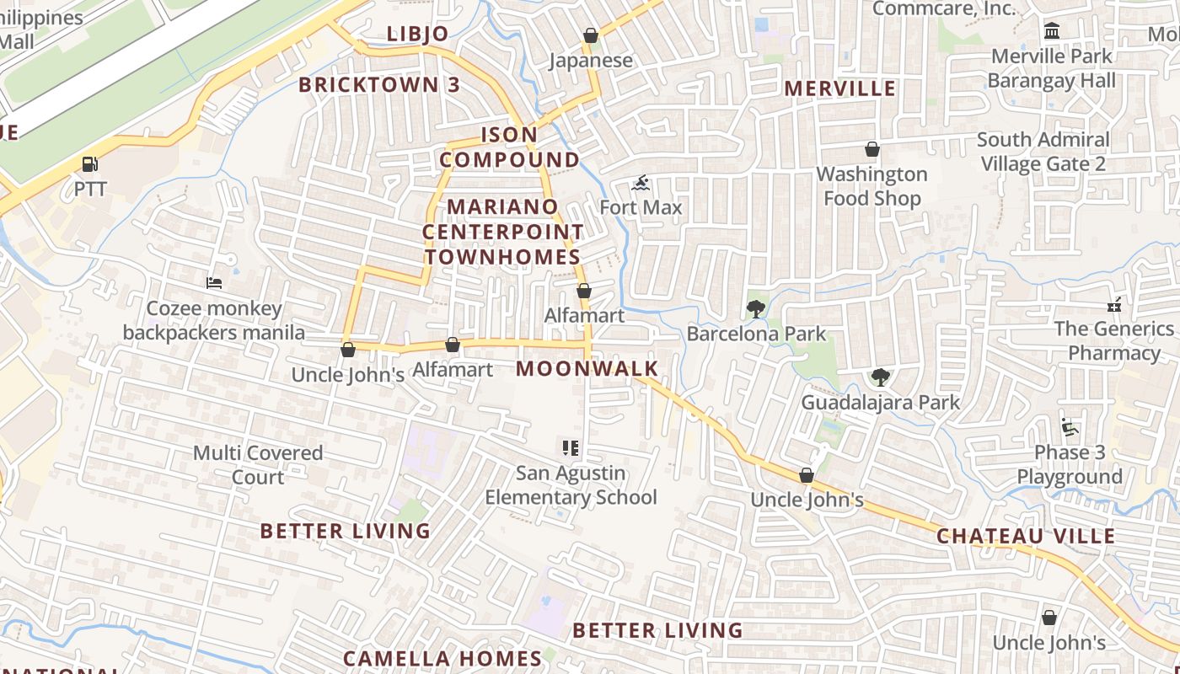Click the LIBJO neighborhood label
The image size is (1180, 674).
pyautogui.click(x=417, y=34)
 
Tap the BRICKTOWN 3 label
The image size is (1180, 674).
pyautogui.click(x=379, y=84)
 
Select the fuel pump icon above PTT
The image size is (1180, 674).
pyautogui.click(x=89, y=163)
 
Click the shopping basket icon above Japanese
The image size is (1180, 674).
pyautogui.click(x=591, y=35)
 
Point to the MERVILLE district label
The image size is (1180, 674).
pyautogui.click(x=839, y=88)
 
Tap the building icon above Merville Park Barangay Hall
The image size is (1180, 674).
pyautogui.click(x=1051, y=31)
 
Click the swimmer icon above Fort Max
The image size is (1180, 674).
pyautogui.click(x=641, y=183)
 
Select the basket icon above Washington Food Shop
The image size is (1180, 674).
pyautogui.click(x=872, y=149)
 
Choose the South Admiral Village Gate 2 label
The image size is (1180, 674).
pyautogui.click(x=1043, y=152)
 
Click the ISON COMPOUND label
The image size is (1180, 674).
pyautogui.click(x=509, y=147)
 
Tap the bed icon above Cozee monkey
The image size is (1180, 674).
pyautogui.click(x=214, y=283)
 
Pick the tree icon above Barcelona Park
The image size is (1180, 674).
pyautogui.click(x=755, y=308)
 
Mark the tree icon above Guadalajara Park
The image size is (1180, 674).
pyautogui.click(x=880, y=377)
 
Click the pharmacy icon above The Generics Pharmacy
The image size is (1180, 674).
pyautogui.click(x=1114, y=303)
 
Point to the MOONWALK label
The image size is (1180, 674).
pyautogui.click(x=587, y=368)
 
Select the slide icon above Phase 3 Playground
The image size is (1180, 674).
pyautogui.click(x=1070, y=427)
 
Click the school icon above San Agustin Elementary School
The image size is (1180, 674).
pyautogui.click(x=570, y=448)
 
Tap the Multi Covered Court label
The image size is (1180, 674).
pyautogui.click(x=258, y=464)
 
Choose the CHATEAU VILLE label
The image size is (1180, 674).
pyautogui.click(x=1026, y=536)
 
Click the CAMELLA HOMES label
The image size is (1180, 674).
pyautogui.click(x=442, y=658)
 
